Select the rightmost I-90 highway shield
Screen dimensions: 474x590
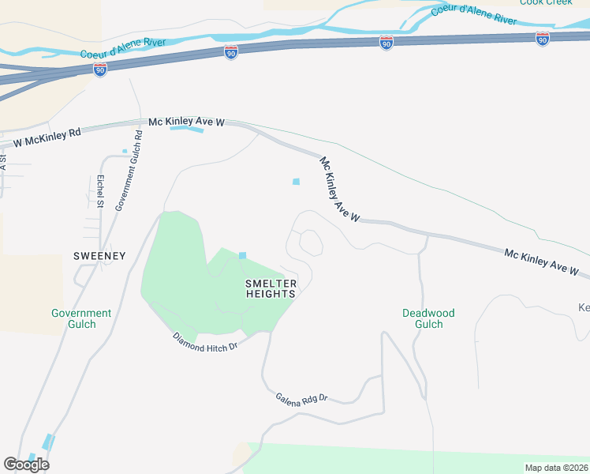tap(542, 39)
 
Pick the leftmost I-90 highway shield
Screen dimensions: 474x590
tap(99, 69)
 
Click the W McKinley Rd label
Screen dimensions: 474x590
tap(47, 138)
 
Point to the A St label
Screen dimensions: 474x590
tap(3, 163)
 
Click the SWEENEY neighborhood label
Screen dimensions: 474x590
tap(99, 256)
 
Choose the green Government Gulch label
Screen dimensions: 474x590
tap(81, 318)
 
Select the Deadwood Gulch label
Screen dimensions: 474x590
tap(428, 318)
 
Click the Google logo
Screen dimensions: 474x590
tap(26, 465)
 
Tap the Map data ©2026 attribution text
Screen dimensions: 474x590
tap(556, 468)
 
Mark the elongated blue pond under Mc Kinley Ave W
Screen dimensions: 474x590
tap(187, 130)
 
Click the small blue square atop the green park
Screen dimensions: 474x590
tap(242, 255)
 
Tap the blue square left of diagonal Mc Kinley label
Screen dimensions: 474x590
tap(297, 182)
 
